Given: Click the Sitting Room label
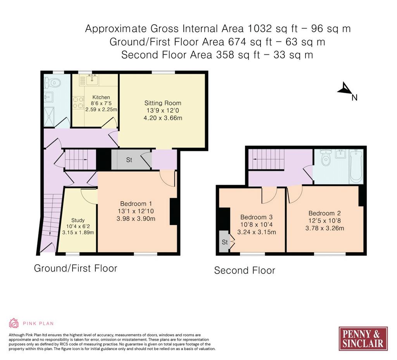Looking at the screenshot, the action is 163,103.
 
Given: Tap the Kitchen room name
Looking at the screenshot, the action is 101,97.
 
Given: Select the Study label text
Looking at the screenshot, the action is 78,220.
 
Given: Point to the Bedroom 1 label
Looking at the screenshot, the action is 136,204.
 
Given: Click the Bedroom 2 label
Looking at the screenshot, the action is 325,213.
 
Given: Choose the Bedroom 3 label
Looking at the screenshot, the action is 257,217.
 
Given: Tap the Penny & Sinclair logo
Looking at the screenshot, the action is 363,339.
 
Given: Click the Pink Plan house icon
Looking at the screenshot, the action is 14,323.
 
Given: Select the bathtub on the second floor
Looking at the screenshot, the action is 356,166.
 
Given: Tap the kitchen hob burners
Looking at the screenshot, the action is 78,103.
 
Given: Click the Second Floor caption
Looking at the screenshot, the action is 245,270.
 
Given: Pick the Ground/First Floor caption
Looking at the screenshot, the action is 76,268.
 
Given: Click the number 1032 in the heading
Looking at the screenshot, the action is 260,28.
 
